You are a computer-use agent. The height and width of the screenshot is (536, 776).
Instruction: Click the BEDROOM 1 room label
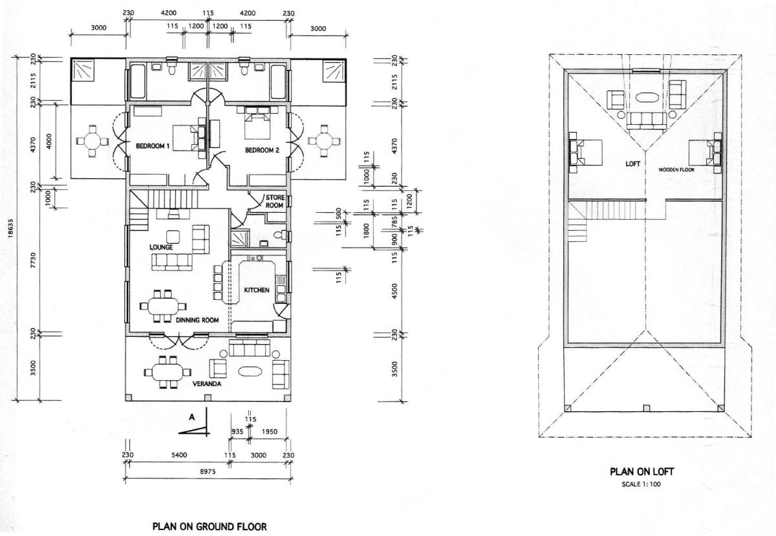tap(153, 146)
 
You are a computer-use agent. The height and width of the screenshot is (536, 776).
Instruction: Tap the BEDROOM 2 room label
tap(262, 150)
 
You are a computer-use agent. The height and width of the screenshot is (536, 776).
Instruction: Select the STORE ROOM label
tap(275, 201)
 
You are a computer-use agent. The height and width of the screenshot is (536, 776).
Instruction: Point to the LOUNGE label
tap(161, 247)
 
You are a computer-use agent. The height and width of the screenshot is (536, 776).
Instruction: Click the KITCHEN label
tap(257, 290)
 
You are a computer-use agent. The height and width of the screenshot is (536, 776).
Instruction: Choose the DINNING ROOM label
tap(197, 320)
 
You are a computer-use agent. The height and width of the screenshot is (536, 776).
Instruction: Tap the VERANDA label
tap(207, 384)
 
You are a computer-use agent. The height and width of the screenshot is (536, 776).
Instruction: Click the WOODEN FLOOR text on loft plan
tap(676, 170)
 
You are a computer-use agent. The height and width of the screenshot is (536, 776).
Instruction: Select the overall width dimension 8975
tap(208, 471)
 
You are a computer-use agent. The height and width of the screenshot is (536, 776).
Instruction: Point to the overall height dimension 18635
tap(10, 228)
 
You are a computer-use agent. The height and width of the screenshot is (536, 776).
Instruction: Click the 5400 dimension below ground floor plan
tap(179, 455)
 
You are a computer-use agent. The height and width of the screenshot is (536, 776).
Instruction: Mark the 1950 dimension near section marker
tap(270, 431)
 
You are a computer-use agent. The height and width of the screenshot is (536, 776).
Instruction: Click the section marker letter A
tap(191, 417)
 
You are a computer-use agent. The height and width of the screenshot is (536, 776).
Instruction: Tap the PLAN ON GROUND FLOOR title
tap(210, 527)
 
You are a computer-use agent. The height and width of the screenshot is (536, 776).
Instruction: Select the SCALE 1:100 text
tap(641, 484)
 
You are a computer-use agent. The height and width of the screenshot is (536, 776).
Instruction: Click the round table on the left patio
tap(92, 141)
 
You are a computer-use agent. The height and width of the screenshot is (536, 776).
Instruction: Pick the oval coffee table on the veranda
tap(250, 372)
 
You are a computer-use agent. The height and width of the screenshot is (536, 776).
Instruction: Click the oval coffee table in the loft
tap(646, 97)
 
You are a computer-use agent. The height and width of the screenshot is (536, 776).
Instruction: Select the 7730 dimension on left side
tap(33, 260)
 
